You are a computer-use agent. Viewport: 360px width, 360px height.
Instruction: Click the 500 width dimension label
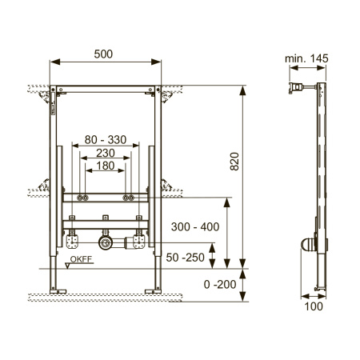pos(103,54)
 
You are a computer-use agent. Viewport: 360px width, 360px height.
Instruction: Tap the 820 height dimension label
pos(234,162)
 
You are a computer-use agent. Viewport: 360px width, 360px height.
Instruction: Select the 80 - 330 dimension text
pos(106,140)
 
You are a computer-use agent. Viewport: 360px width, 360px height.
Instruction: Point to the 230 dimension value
pos(106,153)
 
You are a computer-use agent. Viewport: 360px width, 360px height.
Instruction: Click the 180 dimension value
pos(106,166)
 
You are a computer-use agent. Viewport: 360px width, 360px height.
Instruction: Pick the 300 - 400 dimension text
pos(195,227)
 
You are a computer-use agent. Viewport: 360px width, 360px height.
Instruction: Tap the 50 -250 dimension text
pos(186,258)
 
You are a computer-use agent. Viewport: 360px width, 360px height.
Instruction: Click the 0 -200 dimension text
pos(220,285)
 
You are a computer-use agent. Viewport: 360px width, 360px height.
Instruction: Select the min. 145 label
pos(306,58)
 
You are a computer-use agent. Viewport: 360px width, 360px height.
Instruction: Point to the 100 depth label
pos(314,306)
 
